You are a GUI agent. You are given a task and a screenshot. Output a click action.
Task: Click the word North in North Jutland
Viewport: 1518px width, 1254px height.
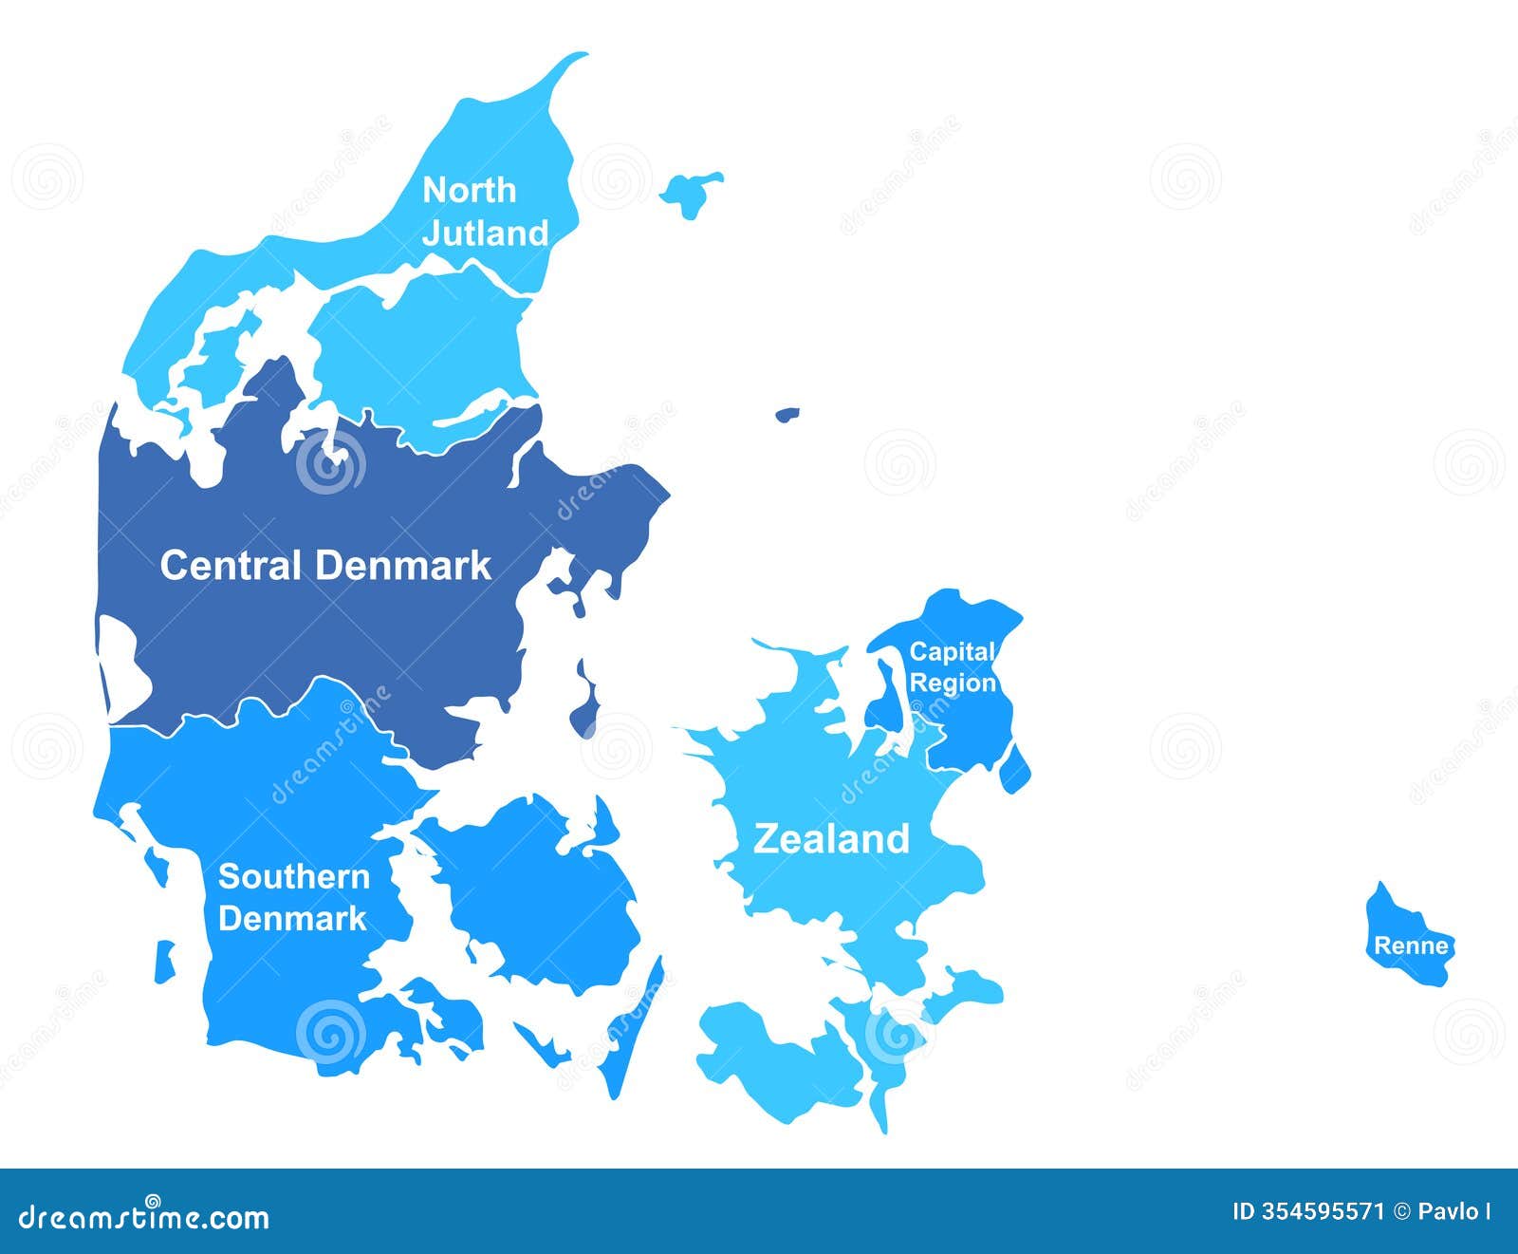(x=469, y=190)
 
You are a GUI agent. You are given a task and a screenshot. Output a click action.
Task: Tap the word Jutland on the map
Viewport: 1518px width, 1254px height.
(x=485, y=233)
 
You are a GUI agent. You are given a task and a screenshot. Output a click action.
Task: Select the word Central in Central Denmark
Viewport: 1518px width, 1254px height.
(x=231, y=565)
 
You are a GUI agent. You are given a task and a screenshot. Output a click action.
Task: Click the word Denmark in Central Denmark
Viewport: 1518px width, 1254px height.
(x=404, y=565)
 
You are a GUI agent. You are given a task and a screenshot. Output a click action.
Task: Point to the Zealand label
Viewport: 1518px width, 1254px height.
(x=831, y=839)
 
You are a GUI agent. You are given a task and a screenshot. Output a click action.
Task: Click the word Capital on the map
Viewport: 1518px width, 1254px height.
(x=952, y=652)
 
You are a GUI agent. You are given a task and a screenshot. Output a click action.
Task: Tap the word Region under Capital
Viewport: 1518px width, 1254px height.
(x=953, y=683)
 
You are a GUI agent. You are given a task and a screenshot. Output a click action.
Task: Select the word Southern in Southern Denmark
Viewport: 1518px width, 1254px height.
(x=294, y=876)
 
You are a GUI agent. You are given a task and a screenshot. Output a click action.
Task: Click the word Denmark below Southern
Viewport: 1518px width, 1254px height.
(x=292, y=918)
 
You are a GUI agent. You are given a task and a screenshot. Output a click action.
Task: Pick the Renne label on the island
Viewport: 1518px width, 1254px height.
(x=1411, y=945)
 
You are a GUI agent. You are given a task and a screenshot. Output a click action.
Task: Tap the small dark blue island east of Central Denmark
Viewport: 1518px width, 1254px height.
(x=787, y=414)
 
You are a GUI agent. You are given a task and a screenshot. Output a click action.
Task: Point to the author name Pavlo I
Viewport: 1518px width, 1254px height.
(x=1453, y=1211)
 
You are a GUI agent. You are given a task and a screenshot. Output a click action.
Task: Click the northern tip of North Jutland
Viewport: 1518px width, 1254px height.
(x=576, y=58)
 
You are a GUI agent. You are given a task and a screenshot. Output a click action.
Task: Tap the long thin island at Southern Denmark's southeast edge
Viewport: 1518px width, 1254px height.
(x=631, y=1035)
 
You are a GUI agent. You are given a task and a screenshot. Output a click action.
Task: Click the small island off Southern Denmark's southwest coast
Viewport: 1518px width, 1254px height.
(x=165, y=961)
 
